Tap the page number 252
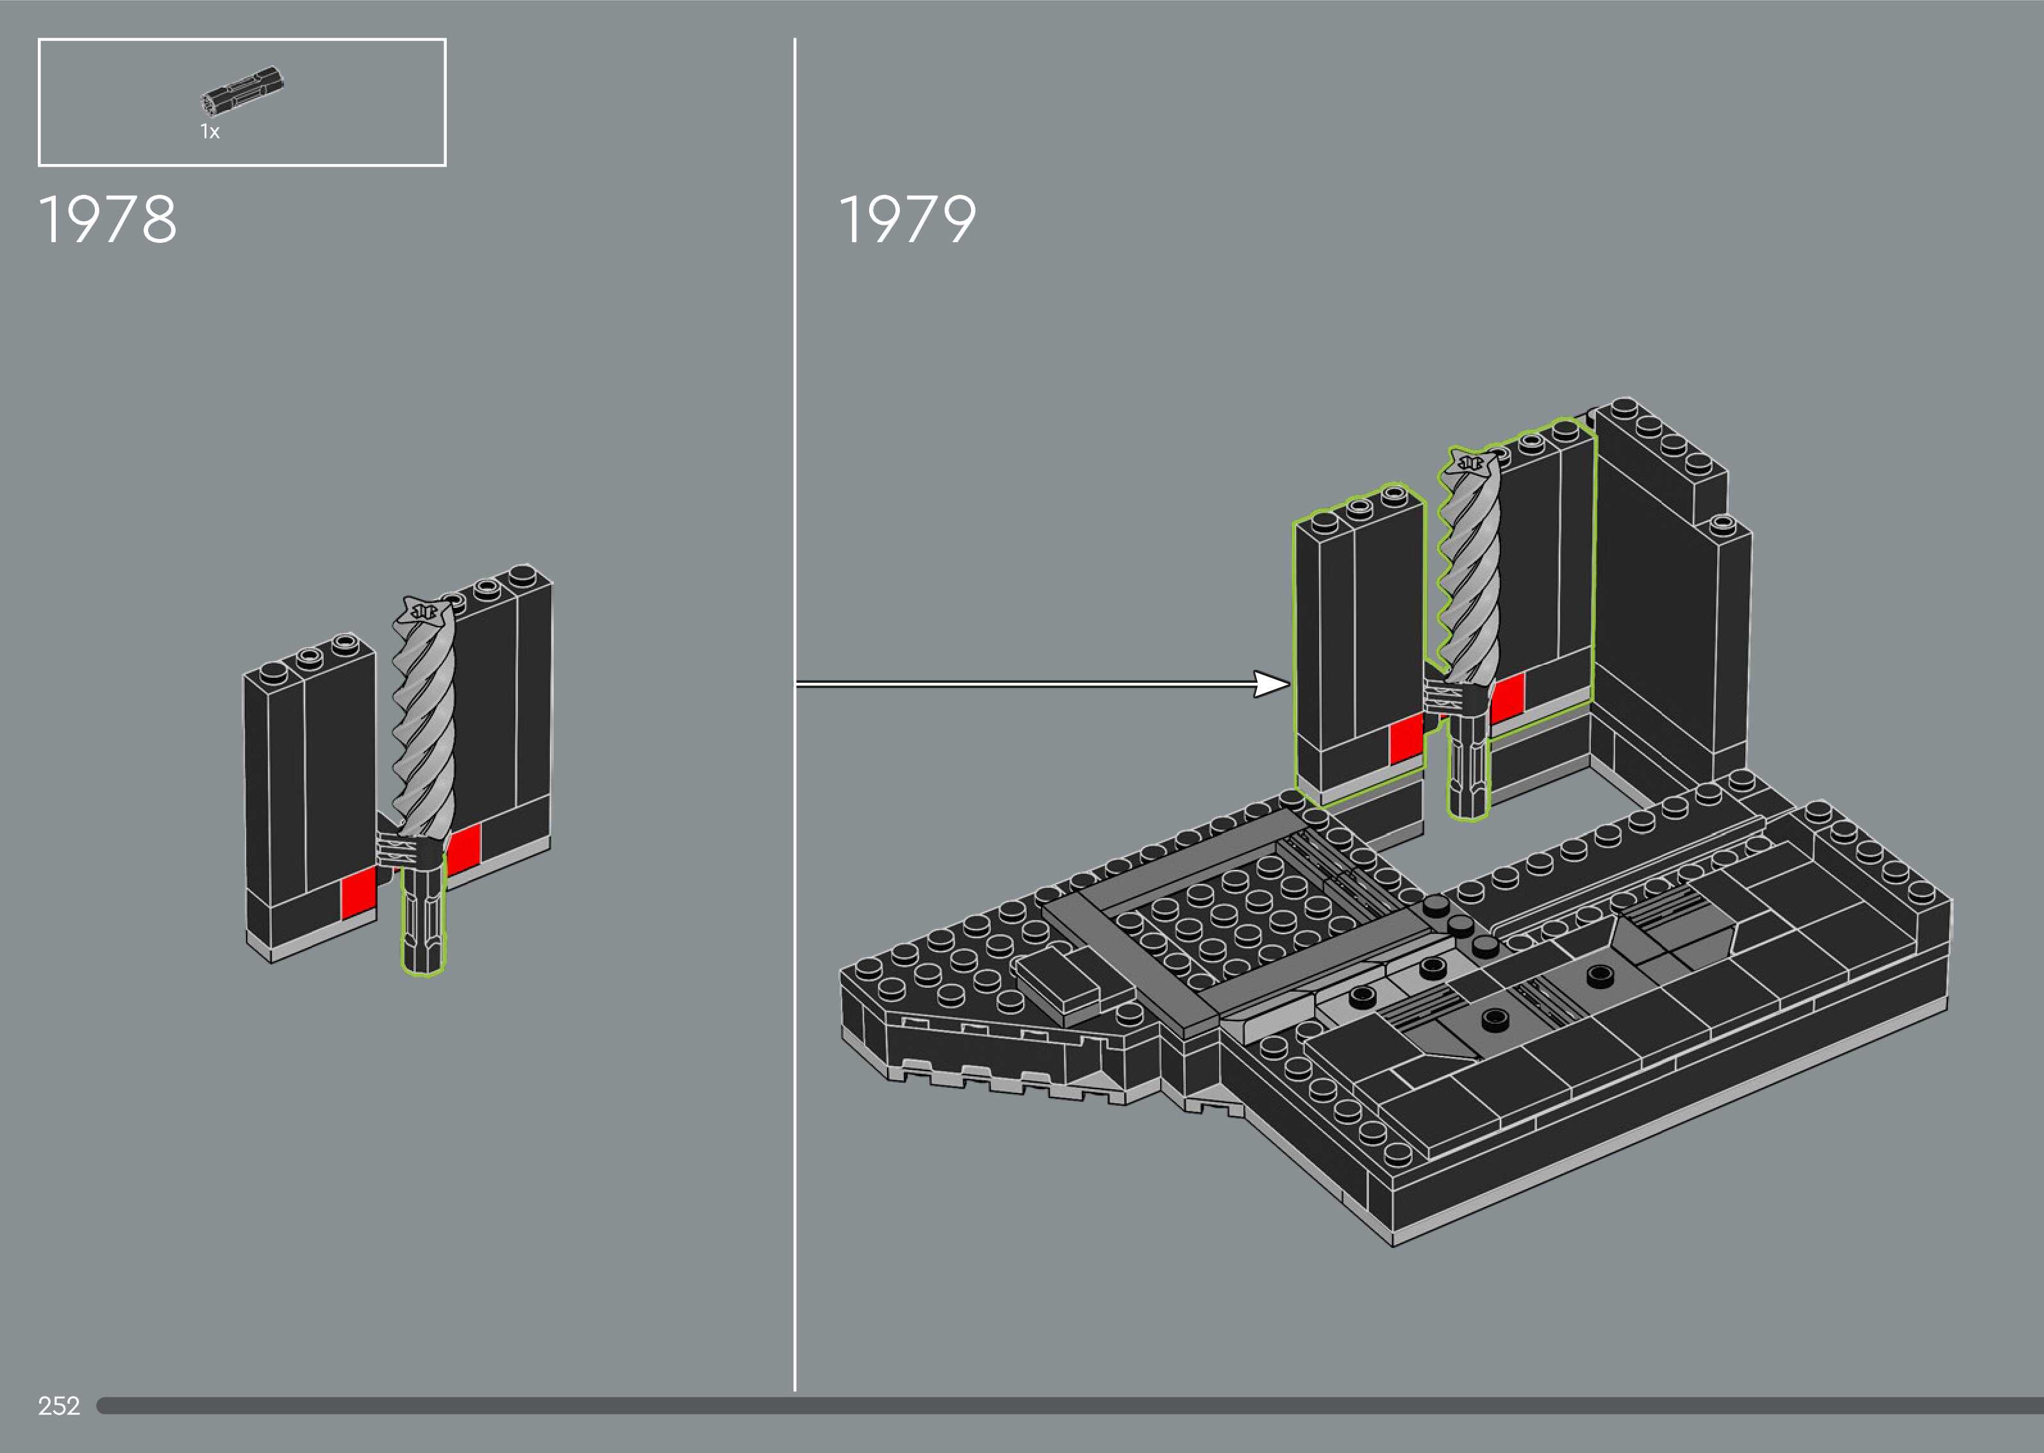59,1406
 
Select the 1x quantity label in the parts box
210,133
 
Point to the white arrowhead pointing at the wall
1271,684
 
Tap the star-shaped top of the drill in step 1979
1468,463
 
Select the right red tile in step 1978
463,849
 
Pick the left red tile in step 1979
1406,740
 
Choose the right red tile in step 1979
1507,697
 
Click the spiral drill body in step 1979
1468,582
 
